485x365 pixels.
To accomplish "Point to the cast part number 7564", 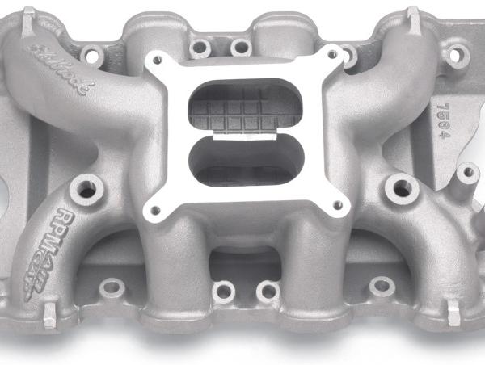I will coord(442,120).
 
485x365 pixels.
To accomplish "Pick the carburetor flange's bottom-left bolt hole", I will coord(155,212).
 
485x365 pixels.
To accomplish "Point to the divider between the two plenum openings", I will coord(243,134).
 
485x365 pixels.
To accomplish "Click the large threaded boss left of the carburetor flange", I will coord(83,190).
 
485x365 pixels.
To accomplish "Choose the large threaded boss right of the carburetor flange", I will coord(401,189).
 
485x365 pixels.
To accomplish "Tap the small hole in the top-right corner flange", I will coord(462,56).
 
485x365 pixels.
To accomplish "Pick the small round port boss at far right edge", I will coord(467,172).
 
